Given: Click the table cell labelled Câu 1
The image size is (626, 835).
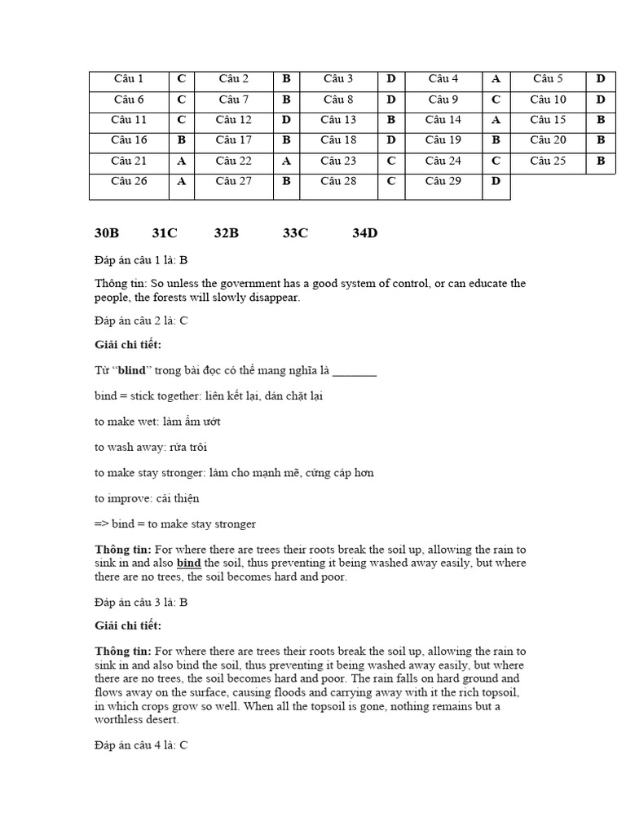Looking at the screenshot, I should click(x=129, y=79).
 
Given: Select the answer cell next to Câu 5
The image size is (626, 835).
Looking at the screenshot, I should click(x=601, y=79).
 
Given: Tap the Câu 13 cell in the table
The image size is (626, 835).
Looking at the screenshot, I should click(x=338, y=120).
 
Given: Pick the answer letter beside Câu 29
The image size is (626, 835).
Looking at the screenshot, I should click(x=496, y=181).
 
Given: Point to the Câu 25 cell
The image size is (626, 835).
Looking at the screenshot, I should click(x=548, y=161).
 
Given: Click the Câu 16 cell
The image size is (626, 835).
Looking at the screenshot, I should click(x=129, y=140).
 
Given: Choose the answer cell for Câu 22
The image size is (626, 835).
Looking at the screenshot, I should click(x=286, y=161).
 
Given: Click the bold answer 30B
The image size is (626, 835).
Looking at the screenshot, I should click(x=107, y=233).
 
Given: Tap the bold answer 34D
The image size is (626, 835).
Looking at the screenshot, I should click(x=365, y=233).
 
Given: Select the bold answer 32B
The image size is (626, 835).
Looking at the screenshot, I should click(x=227, y=233).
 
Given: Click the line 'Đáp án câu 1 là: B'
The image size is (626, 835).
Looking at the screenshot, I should click(x=141, y=260).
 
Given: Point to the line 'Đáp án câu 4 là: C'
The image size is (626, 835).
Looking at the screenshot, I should click(x=141, y=745).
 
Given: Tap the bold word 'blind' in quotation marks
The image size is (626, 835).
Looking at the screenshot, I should click(x=132, y=370).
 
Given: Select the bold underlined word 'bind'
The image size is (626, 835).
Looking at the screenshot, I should click(x=188, y=563).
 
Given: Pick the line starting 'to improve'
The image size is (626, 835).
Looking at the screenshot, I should click(x=147, y=498).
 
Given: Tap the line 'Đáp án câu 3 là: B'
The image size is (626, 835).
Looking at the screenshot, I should click(x=141, y=603).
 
